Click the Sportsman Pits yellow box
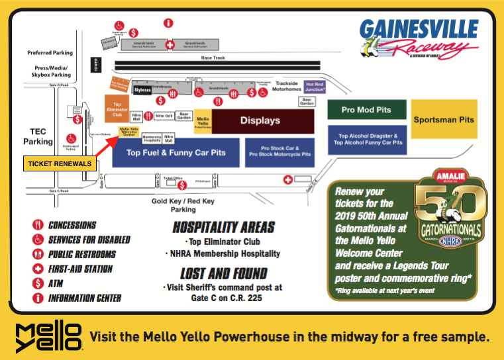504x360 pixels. point(444,119)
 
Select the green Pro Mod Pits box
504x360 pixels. point(366,110)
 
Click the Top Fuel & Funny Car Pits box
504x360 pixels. point(176,153)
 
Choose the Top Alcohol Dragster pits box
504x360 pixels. point(367,139)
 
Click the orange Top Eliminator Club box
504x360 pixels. point(117,109)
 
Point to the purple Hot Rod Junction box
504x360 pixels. point(315,87)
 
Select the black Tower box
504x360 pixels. point(95,66)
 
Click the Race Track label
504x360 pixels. point(213,58)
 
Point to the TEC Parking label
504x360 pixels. point(37,136)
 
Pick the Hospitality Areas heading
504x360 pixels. point(223,227)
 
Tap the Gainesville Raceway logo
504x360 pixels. point(419,38)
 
